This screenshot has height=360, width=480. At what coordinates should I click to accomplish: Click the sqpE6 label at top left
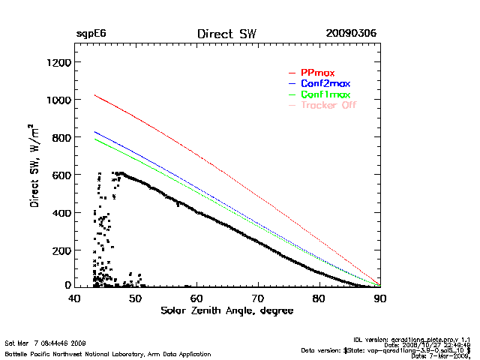click(x=91, y=34)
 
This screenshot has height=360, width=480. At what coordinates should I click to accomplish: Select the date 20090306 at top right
click(x=351, y=34)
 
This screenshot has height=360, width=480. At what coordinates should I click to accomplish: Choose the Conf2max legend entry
click(x=325, y=83)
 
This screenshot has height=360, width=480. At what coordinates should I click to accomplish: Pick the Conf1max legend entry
click(x=325, y=94)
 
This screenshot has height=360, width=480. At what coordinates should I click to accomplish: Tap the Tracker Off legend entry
click(x=328, y=105)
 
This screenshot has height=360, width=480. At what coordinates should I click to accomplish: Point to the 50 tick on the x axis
click(x=136, y=298)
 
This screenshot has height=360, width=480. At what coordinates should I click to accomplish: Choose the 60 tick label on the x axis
click(x=197, y=298)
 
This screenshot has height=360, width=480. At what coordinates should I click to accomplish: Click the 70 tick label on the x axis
click(x=258, y=298)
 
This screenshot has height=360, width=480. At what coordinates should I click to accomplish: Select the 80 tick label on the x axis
click(x=319, y=298)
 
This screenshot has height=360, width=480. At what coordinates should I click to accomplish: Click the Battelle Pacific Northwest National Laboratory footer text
click(x=108, y=354)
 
